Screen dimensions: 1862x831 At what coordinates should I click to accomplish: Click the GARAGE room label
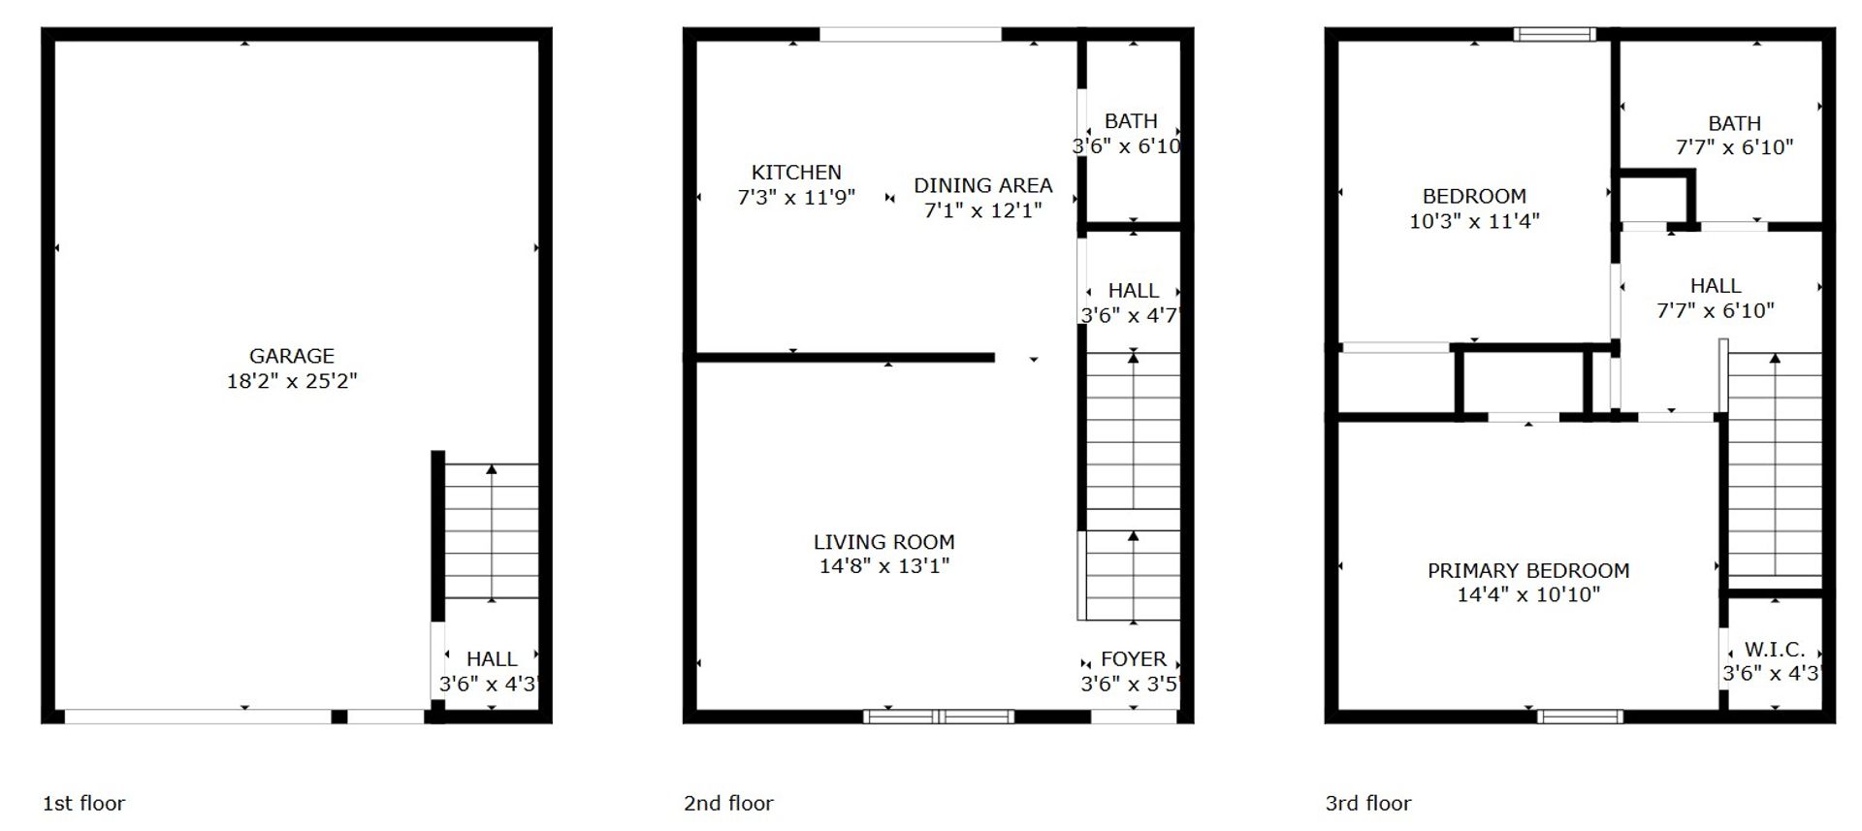292,356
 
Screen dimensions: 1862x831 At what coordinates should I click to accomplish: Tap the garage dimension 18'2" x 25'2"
292,381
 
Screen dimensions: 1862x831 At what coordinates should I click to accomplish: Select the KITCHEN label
796,173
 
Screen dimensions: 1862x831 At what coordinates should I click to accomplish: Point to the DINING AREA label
982,185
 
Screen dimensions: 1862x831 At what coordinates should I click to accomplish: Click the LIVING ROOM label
883,542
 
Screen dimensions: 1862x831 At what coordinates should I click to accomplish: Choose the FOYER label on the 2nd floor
1134,659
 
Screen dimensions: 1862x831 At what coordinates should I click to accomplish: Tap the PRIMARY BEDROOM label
1528,570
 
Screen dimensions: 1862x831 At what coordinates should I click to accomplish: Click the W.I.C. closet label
1775,650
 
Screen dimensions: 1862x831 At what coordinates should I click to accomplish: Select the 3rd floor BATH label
1734,123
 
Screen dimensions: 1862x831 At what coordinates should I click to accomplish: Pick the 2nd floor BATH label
1131,121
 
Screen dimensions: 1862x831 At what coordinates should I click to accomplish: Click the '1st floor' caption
83,803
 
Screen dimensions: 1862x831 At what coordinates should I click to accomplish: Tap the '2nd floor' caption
728,803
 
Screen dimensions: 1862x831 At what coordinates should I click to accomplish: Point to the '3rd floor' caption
1368,803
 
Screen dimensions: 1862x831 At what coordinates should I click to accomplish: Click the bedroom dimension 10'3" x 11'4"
1474,221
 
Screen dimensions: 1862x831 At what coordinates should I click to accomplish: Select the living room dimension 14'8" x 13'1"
883,566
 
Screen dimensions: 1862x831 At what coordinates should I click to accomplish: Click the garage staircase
492,531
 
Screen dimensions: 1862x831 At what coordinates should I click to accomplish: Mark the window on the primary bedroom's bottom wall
1580,717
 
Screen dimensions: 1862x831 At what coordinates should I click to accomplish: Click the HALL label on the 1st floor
492,659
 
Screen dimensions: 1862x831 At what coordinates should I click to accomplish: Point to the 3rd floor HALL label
1716,286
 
